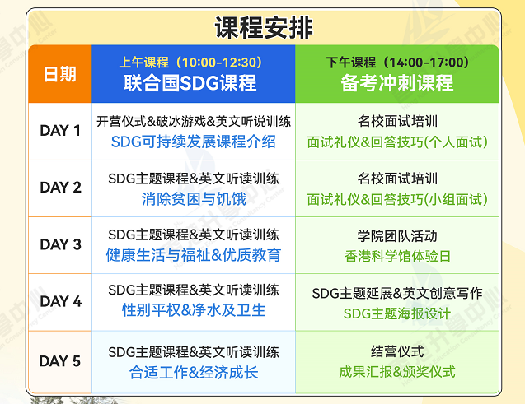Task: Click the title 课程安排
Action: pos(264,28)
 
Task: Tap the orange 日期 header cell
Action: pos(60,74)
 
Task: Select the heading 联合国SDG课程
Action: pos(190,83)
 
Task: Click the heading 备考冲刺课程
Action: pos(397,83)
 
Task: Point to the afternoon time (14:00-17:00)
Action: pos(426,63)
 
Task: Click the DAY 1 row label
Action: pos(60,130)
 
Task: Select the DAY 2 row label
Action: pos(61,188)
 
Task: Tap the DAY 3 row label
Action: pos(61,244)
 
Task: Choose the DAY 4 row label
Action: pos(61,301)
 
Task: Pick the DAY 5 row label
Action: pos(60,361)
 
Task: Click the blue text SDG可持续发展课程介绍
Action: pos(193,142)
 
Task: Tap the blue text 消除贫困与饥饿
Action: pos(194,199)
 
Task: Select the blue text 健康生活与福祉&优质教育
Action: pos(194,255)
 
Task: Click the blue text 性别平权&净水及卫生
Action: pos(194,310)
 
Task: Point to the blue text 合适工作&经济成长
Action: pos(194,373)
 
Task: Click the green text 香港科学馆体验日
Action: pos(397,256)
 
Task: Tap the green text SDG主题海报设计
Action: pos(397,313)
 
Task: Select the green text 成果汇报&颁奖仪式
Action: pos(397,372)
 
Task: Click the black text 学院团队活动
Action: pos(397,236)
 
